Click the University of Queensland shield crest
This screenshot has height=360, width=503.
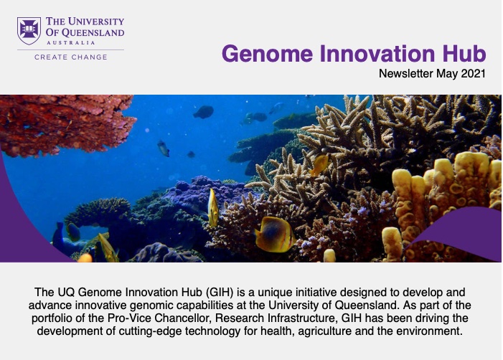29,31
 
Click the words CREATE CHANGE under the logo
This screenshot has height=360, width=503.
71,57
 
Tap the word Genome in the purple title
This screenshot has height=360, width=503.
267,54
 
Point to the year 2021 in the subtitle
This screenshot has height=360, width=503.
473,73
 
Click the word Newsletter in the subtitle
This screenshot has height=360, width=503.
406,73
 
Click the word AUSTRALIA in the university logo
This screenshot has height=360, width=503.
71,42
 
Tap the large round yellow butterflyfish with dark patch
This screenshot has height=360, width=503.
275,235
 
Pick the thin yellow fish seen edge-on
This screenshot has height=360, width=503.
212,208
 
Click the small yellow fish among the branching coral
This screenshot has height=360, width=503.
320,165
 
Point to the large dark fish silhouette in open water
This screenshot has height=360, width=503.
203,112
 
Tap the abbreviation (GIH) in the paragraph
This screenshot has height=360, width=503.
219,293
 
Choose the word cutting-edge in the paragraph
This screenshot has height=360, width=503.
151,331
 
